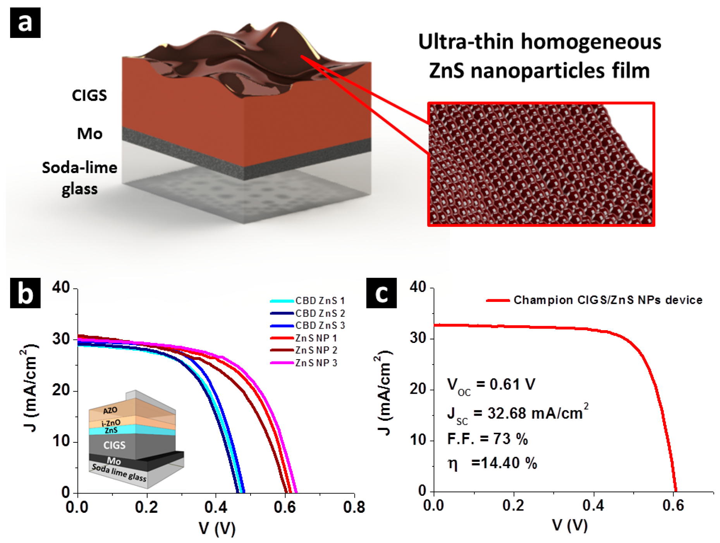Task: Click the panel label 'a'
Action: tap(25, 23)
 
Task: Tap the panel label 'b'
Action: tap(25, 293)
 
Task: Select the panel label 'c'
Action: tap(381, 293)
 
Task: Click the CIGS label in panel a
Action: tap(89, 95)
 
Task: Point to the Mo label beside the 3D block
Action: tap(89, 134)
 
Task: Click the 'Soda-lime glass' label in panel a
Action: tap(79, 178)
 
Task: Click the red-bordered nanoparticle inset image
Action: tap(541, 164)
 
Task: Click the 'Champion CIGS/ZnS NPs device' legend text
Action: tap(608, 300)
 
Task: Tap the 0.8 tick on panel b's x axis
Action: tap(354, 507)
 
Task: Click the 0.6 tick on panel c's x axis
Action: tap(673, 505)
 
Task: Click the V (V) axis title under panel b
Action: tap(217, 528)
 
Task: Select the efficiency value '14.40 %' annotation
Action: tap(504, 463)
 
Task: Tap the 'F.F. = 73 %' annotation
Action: tap(487, 439)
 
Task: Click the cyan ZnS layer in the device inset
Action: tap(132, 430)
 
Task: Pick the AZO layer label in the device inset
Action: tap(110, 410)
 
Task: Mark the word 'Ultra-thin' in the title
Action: tap(466, 42)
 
